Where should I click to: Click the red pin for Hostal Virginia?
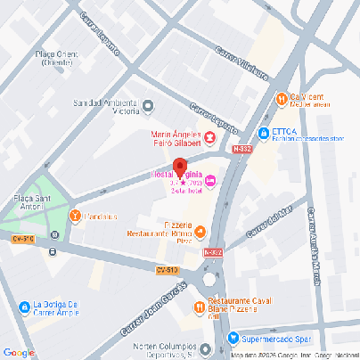point(178,167)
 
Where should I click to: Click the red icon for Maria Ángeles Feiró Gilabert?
point(209,137)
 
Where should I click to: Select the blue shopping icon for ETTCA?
point(264,134)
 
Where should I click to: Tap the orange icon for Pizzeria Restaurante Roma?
point(200,233)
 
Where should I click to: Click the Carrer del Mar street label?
point(266,221)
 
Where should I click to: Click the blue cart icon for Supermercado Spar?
point(233,338)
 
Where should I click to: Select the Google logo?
point(19,352)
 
